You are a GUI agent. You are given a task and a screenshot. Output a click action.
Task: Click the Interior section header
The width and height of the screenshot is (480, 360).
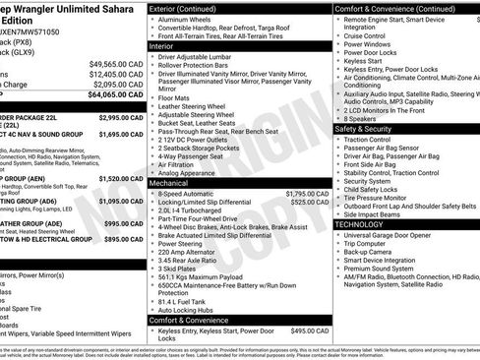(x=161, y=46)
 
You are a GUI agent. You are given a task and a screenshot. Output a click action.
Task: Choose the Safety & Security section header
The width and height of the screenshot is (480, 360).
(x=370, y=129)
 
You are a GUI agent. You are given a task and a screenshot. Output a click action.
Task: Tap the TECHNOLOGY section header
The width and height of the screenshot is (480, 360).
(x=360, y=224)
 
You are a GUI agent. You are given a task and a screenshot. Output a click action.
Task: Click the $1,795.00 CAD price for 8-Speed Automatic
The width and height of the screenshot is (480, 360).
(x=295, y=194)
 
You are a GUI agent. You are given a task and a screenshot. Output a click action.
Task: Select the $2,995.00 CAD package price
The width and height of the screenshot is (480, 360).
(x=121, y=117)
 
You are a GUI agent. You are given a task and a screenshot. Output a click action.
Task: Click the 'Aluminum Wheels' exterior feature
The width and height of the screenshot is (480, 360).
(x=186, y=19)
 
